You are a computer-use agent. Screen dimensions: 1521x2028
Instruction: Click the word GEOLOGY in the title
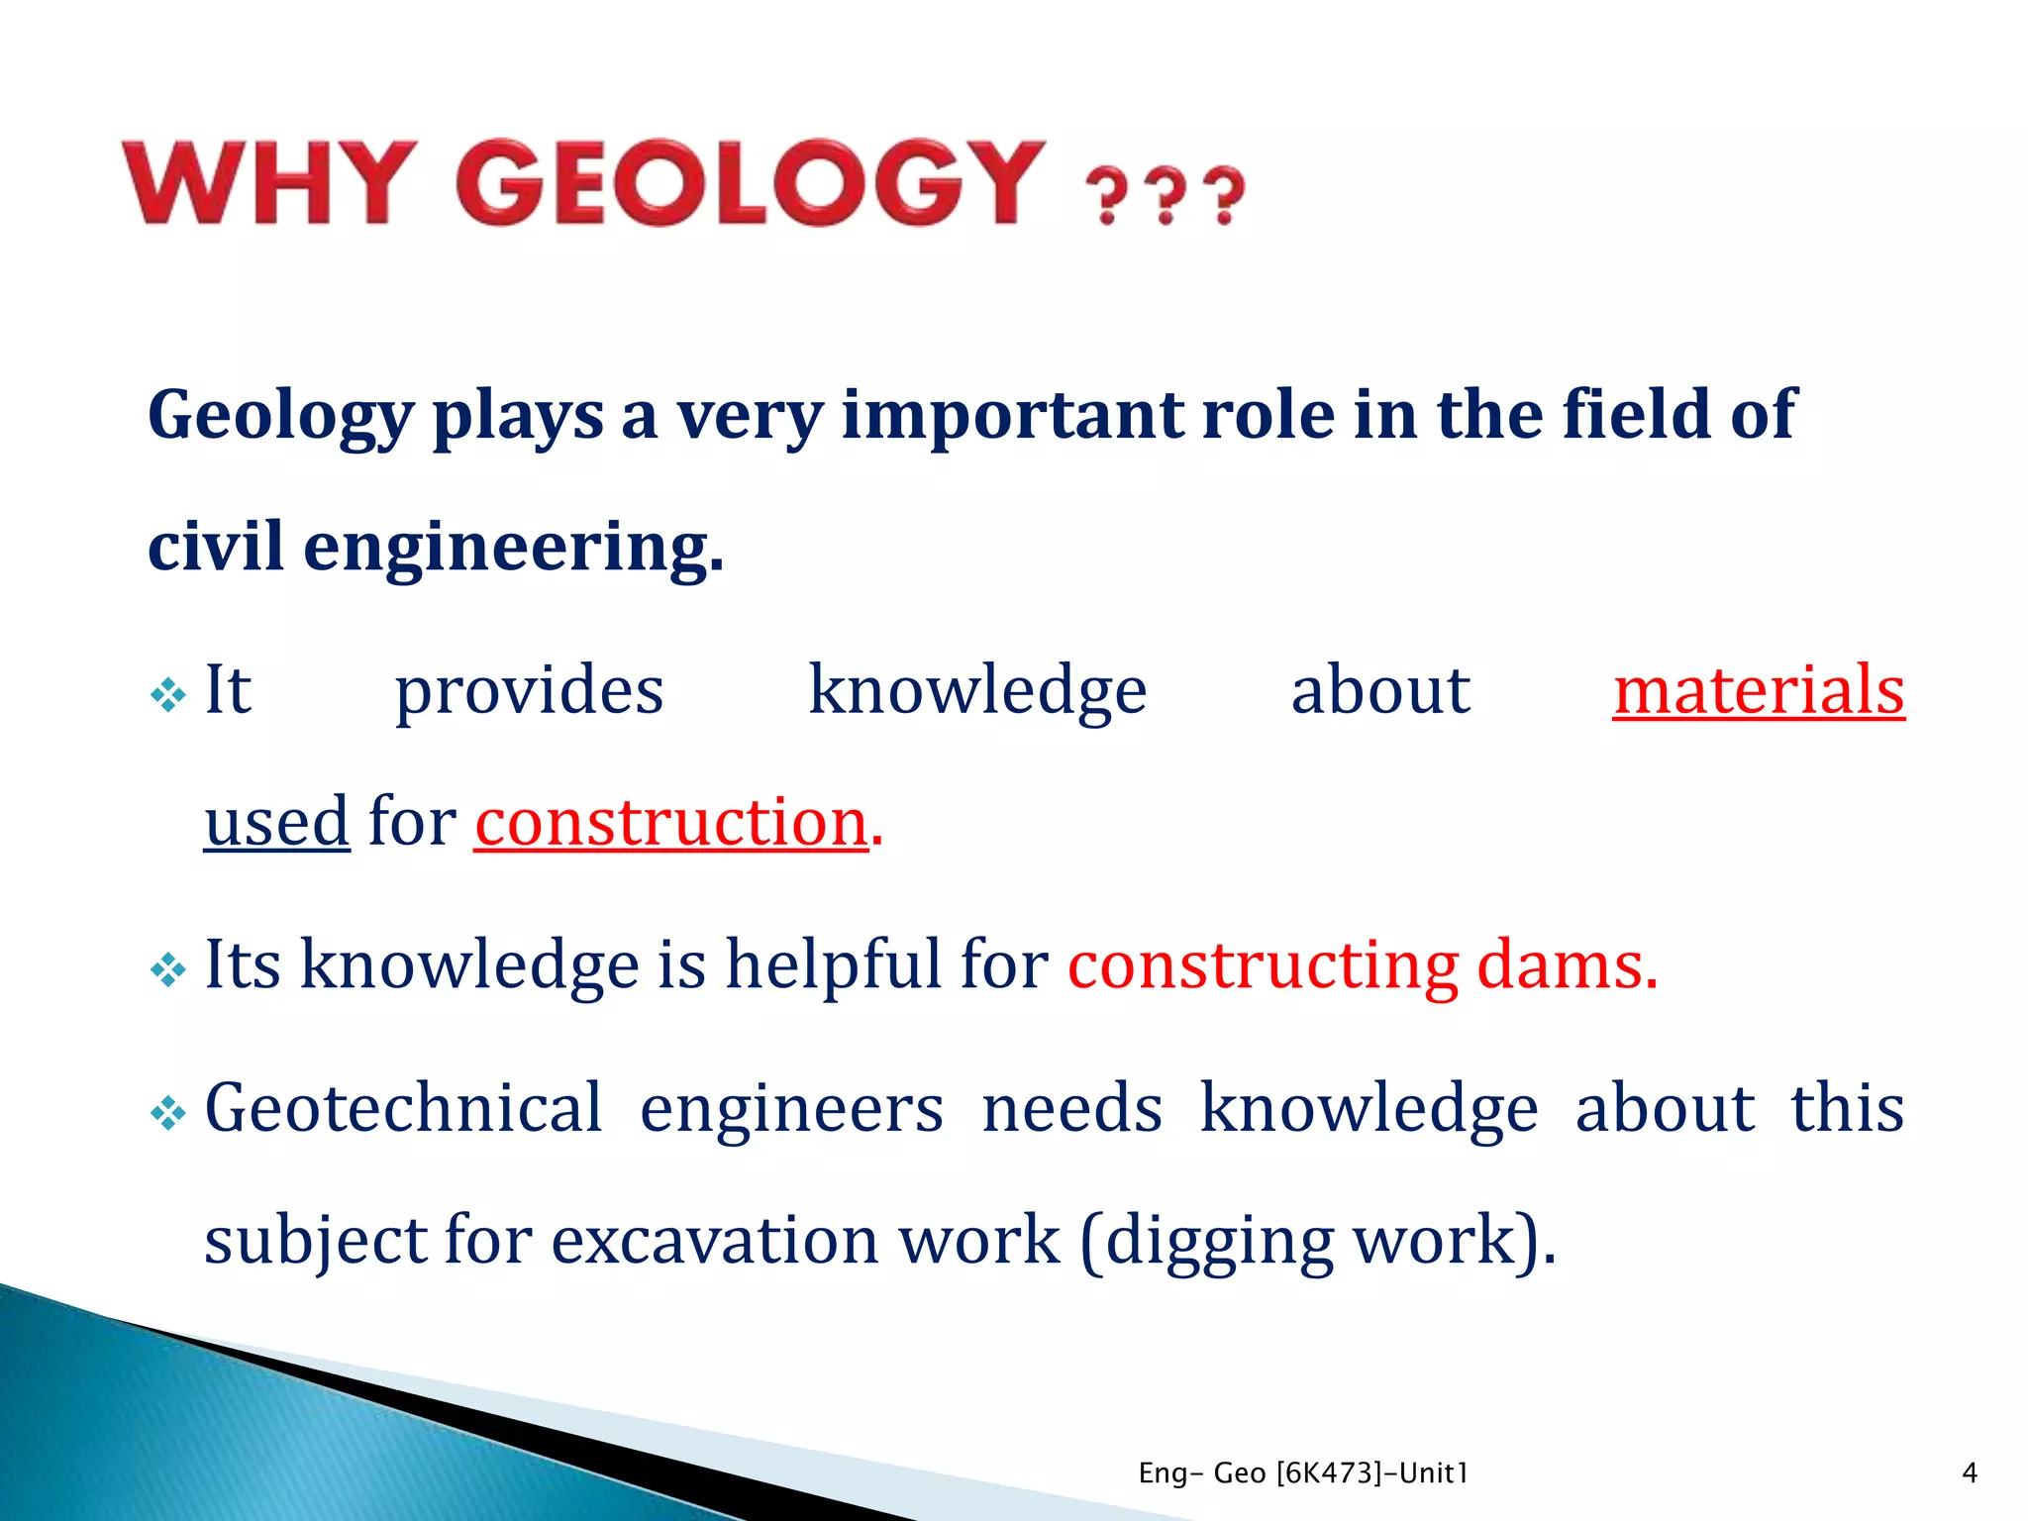pos(750,183)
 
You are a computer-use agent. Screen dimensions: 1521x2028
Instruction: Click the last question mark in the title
pos(1228,196)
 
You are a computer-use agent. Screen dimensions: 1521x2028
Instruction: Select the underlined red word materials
pos(1758,690)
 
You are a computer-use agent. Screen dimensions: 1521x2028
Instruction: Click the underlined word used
pos(276,822)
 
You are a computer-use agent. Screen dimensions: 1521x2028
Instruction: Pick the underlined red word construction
pos(670,822)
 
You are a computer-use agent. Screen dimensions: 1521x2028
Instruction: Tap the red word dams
pos(1566,964)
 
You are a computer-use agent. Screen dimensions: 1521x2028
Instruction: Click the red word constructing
pos(1262,964)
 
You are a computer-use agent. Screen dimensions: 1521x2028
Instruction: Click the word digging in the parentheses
pos(1219,1240)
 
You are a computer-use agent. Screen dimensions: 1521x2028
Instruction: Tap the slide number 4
pos(1969,1473)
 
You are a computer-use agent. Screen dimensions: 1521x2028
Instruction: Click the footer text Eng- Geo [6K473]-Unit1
pos(1303,1473)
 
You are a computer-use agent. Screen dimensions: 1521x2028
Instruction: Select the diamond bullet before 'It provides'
pos(168,695)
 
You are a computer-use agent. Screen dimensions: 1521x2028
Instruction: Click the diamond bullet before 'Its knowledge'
pos(168,969)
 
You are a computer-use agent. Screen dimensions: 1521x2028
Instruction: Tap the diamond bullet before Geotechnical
pos(168,1114)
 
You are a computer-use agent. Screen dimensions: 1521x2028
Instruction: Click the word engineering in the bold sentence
pos(512,548)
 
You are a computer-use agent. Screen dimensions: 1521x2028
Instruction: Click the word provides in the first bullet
pos(529,690)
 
